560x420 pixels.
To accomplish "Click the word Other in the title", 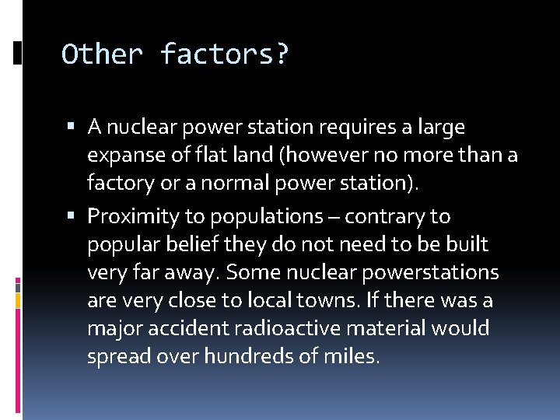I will pos(103,54).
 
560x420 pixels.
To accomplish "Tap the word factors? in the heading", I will pos(225,54).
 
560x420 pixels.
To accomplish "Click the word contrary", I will pos(388,216).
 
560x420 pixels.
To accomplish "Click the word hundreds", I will pos(253,357).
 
